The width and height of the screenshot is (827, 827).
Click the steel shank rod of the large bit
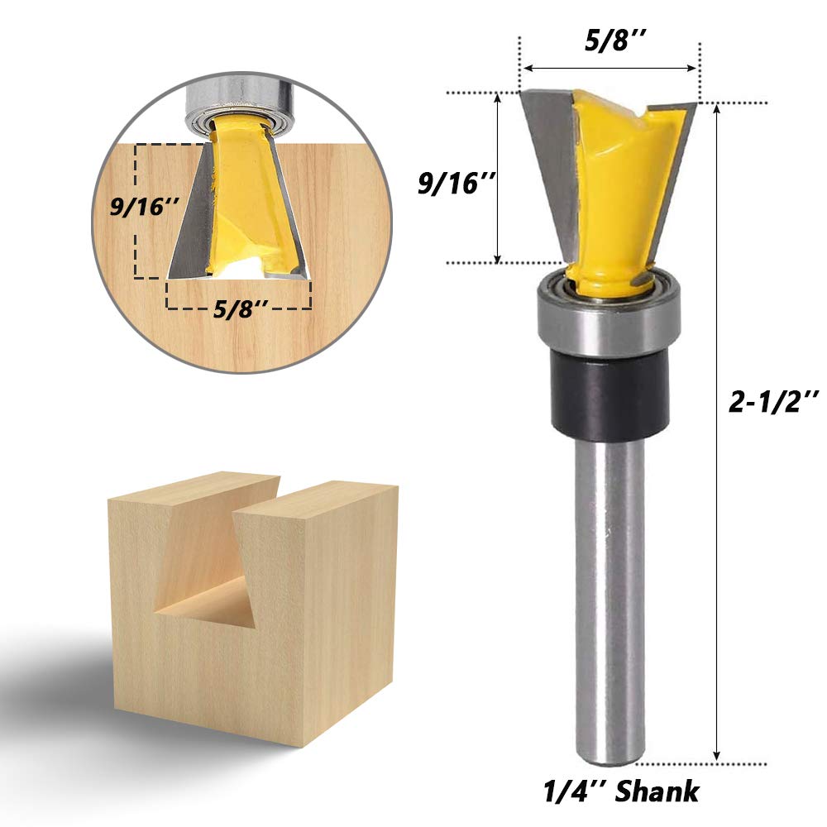click(608, 595)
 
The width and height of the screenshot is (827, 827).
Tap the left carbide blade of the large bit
click(546, 149)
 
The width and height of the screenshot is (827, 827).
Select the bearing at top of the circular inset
click(240, 103)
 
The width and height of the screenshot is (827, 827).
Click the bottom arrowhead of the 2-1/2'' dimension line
click(716, 753)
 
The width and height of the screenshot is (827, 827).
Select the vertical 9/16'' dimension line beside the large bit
click(499, 178)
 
